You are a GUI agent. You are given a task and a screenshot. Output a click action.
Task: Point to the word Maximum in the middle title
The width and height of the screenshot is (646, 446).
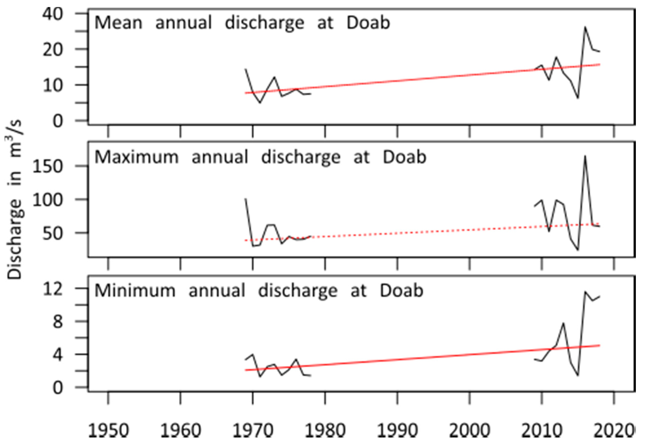point(136,157)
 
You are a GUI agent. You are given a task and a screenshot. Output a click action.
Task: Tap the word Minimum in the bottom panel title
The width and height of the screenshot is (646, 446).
point(135,291)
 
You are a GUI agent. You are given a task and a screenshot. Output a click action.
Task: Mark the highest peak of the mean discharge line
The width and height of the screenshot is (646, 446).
point(585,27)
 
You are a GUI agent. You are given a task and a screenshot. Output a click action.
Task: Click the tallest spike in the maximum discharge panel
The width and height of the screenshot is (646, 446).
point(585,157)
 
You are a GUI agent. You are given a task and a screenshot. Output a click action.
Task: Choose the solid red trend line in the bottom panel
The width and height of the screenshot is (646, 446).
point(419,358)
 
